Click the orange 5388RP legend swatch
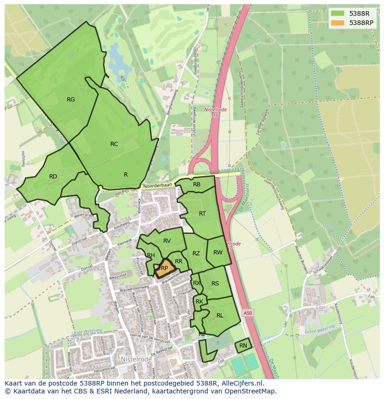pos(338,23)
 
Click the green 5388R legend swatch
pos(338,13)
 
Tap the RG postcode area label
pos(70,100)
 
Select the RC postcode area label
pos(114,144)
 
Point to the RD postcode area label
pos(53,177)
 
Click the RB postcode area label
pos(197,184)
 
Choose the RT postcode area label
pos(202,214)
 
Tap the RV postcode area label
pos(167,241)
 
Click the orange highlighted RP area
pos(164,268)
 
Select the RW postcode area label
pos(218,253)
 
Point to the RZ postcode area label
pos(196,253)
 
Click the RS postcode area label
pos(215,284)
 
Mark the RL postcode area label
pos(220,316)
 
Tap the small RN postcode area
pos(243,346)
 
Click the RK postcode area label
pos(199,302)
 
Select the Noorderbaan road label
pos(158,185)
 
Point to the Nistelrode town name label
pos(136,359)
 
